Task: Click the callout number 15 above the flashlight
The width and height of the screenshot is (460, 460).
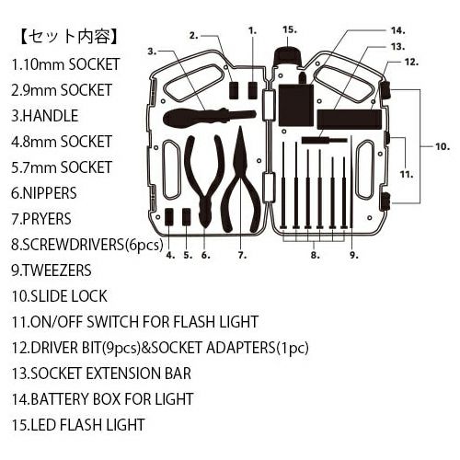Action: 290,30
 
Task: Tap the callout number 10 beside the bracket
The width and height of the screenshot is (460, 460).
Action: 443,146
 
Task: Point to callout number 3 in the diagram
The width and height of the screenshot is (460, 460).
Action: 152,52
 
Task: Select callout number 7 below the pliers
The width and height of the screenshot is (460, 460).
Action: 242,255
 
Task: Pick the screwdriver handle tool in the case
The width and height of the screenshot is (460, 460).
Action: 210,118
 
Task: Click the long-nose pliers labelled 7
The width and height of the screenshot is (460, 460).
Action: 241,181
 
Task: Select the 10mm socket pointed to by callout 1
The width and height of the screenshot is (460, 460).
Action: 252,90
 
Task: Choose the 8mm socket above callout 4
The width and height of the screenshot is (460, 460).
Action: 169,217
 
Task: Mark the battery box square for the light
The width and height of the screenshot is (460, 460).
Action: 296,105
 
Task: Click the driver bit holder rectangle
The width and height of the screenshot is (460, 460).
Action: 350,120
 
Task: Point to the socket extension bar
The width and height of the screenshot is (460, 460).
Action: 325,141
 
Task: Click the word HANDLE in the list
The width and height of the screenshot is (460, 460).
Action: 51,116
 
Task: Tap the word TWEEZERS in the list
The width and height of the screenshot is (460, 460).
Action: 57,270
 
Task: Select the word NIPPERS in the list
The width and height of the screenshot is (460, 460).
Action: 50,193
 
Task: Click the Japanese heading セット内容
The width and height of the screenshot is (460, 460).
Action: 68,37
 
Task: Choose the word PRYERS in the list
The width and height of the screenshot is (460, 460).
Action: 47,219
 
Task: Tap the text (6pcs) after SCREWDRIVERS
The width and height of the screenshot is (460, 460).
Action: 144,245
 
